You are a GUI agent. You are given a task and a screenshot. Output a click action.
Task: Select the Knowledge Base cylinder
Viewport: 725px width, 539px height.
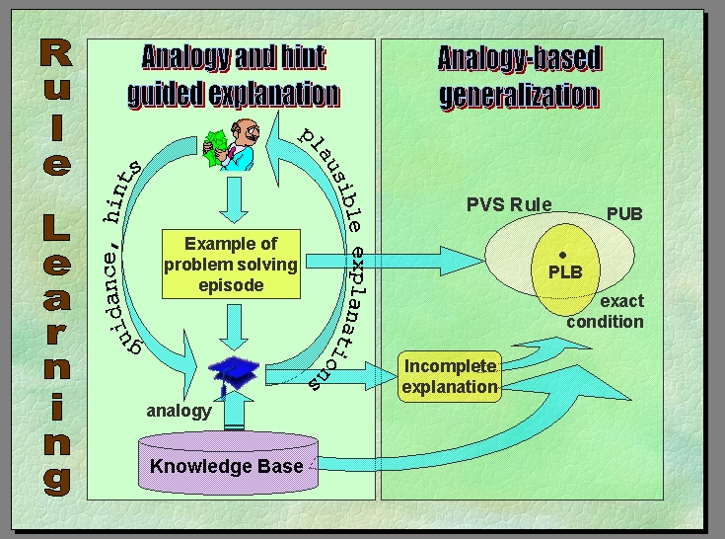(226, 465)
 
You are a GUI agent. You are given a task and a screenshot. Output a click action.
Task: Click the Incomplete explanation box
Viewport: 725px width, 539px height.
(450, 376)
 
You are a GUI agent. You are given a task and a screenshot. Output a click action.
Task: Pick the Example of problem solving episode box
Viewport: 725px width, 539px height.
(232, 265)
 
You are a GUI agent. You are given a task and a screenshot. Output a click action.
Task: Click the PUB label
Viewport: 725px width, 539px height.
(623, 213)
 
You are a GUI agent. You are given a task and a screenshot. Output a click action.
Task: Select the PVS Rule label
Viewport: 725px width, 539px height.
(509, 205)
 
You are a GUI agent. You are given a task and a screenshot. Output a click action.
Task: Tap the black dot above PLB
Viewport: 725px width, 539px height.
(562, 255)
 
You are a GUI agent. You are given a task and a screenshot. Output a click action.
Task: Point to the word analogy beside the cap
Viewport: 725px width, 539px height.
(179, 411)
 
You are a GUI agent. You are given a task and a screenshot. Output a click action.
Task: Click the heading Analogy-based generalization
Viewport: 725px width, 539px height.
(519, 77)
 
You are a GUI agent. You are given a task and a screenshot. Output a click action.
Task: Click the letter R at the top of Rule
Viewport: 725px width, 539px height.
(55, 54)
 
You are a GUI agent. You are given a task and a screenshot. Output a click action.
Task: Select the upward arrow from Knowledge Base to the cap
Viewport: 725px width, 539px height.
(235, 409)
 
